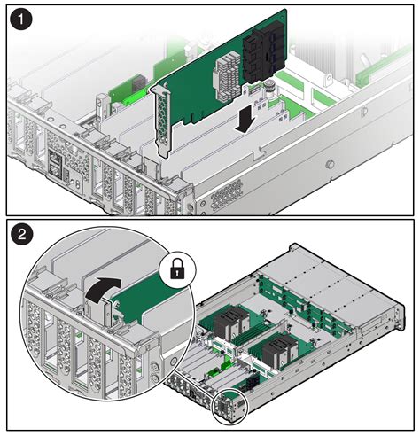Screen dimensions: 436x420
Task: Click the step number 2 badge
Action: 22,236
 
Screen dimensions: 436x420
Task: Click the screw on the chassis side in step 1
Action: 329,164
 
